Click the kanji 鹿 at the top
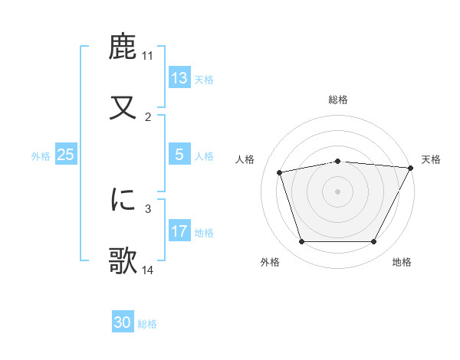pyautogui.click(x=123, y=47)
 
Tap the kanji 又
pyautogui.click(x=123, y=106)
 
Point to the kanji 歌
pyautogui.click(x=123, y=259)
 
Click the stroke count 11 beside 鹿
pyautogui.click(x=148, y=57)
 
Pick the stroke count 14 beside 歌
pyautogui.click(x=148, y=270)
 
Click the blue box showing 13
pyautogui.click(x=179, y=78)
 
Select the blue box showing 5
pyautogui.click(x=179, y=155)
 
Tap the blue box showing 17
pyautogui.click(x=179, y=231)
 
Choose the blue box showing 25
pyautogui.click(x=66, y=155)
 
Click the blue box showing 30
pyautogui.click(x=123, y=323)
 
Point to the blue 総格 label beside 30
pyautogui.click(x=147, y=324)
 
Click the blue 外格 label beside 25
pyautogui.click(x=41, y=155)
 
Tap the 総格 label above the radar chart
pyautogui.click(x=337, y=100)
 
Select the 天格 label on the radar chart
pyautogui.click(x=431, y=159)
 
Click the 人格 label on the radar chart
pyautogui.click(x=246, y=159)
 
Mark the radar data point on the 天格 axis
pyautogui.click(x=411, y=168)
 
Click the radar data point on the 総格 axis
pyautogui.click(x=337, y=161)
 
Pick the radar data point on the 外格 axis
pyautogui.click(x=301, y=242)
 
